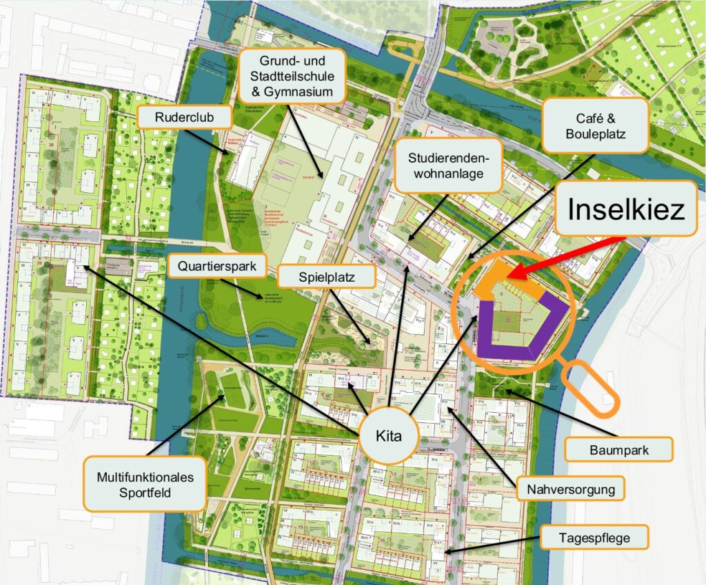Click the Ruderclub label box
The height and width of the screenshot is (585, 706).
pos(183,118)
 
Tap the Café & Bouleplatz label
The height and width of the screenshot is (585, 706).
pos(595,125)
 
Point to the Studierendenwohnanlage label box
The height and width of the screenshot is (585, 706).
pos(448,166)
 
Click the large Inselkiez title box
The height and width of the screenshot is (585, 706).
pos(626,209)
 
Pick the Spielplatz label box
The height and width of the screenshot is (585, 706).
pos(327,277)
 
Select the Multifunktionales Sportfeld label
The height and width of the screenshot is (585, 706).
pos(145,484)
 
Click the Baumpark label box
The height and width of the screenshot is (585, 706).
pos(618,449)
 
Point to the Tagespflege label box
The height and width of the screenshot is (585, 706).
pos(595,537)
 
